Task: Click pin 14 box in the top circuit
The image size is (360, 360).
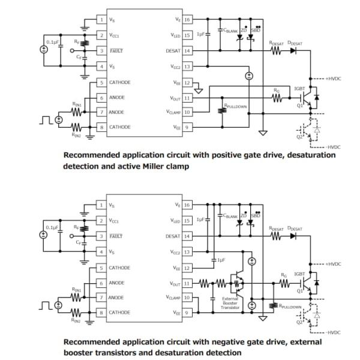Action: pyautogui.click(x=188, y=51)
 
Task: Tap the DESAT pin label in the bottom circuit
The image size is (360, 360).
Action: pyautogui.click(x=173, y=236)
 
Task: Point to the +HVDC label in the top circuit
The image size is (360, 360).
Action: pyautogui.click(x=334, y=78)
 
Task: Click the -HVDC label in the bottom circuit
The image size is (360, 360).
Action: pyautogui.click(x=334, y=332)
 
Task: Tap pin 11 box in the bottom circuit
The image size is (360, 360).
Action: pyautogui.click(x=188, y=283)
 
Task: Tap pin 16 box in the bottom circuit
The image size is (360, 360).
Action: pyautogui.click(x=188, y=205)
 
